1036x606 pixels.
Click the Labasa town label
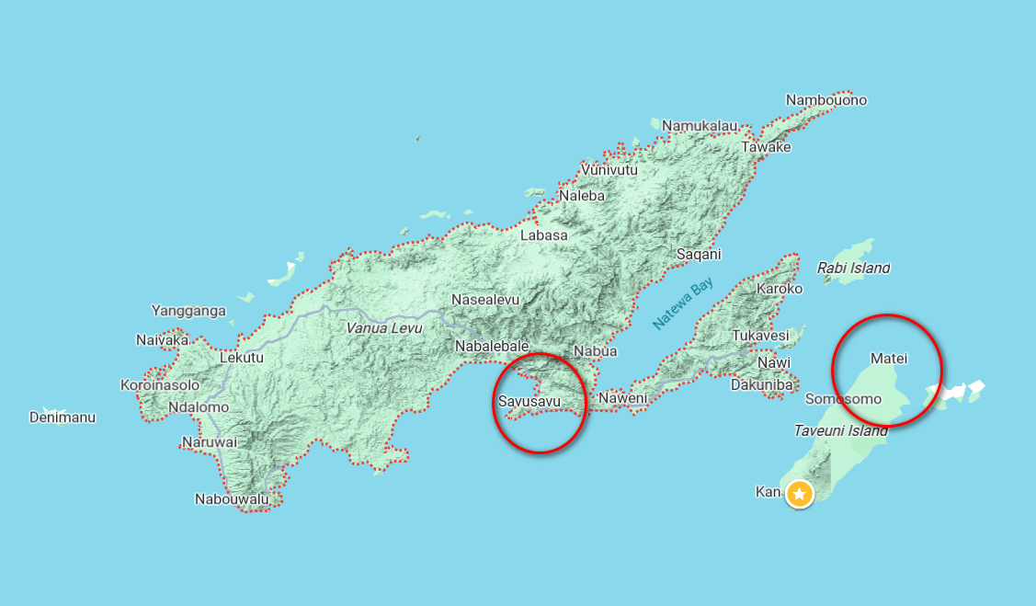[544, 235]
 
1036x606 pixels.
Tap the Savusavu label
[529, 401]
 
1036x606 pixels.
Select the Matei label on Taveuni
[888, 357]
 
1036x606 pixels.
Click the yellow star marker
[800, 495]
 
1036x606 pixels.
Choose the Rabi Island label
[853, 269]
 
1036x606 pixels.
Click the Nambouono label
[826, 100]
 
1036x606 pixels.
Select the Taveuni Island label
[840, 430]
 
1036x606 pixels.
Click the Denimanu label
[63, 417]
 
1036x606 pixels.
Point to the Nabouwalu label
[232, 499]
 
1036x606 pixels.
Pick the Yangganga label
[188, 311]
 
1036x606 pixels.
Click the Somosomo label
[843, 399]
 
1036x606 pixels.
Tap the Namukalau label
[700, 125]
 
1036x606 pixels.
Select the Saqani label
[699, 255]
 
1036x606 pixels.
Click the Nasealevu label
[485, 300]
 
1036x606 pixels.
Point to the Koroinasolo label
[160, 385]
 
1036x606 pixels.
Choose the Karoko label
[779, 289]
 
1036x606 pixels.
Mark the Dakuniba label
[761, 385]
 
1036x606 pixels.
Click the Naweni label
[622, 398]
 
